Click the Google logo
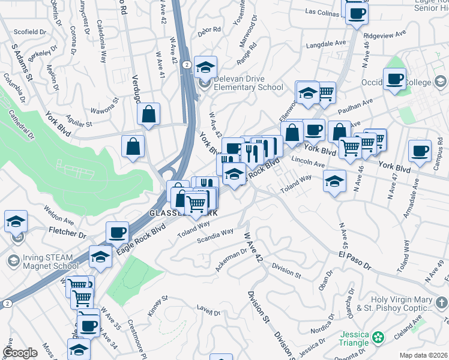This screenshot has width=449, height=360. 20,353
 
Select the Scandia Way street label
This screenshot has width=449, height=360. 215,236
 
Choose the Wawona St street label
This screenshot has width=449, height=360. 107,110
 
